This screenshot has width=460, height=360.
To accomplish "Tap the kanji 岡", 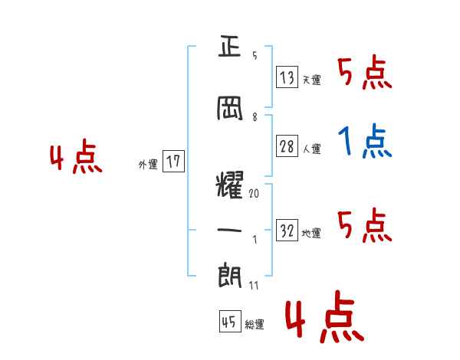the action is (230, 109).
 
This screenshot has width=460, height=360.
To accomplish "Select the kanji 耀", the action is (229, 185).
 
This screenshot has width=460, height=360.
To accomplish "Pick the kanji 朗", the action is (229, 273).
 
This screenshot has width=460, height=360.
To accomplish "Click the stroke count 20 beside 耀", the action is (254, 195).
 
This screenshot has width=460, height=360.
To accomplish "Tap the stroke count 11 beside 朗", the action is (254, 285).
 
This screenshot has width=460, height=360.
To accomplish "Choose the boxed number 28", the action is (287, 147).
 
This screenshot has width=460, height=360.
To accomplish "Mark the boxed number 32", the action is (287, 231).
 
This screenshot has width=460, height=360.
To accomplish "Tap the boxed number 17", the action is (173, 162).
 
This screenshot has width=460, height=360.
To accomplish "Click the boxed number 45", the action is (229, 322).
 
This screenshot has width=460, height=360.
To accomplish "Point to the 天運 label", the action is (311, 80).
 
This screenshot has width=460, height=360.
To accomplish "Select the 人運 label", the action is (311, 149).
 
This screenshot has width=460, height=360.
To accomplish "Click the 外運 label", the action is (148, 164).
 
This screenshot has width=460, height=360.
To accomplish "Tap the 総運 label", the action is (255, 325).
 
